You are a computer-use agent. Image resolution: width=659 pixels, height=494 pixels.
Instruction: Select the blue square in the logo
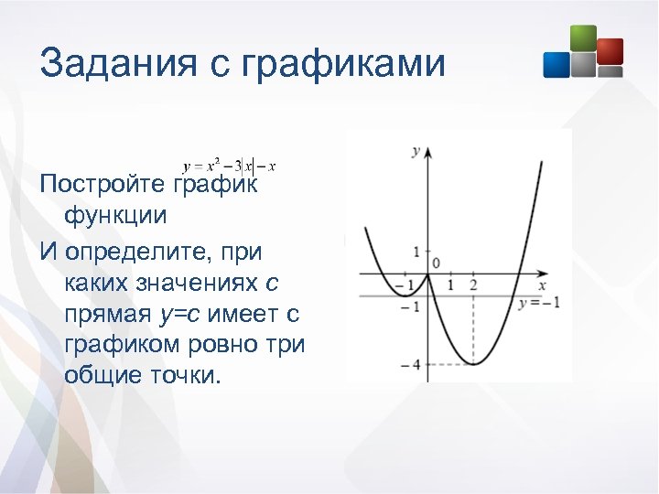[x=556, y=64]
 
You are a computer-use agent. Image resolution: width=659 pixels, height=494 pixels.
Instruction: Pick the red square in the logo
[x=610, y=50]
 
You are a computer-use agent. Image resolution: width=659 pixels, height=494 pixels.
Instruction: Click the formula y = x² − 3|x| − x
[x=230, y=166]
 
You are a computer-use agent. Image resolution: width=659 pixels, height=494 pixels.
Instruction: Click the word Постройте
[x=103, y=184]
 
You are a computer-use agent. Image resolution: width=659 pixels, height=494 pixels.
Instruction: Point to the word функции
[x=115, y=216]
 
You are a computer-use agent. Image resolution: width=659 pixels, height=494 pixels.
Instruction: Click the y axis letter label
[x=416, y=150]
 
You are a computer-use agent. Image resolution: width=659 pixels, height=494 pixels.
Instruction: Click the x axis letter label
[x=542, y=285]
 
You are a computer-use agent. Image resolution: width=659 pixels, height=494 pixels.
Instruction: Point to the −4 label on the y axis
[x=410, y=365]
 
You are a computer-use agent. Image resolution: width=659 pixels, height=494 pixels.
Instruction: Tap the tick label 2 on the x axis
[x=473, y=285]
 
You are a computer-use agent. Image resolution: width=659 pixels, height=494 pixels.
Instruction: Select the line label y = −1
[x=538, y=303]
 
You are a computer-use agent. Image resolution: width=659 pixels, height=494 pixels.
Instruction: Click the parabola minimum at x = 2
[x=473, y=364]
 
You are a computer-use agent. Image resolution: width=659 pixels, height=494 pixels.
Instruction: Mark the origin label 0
[x=436, y=263]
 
